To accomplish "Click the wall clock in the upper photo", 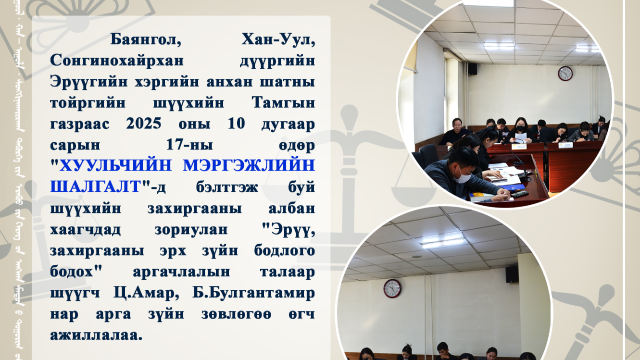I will (565, 73).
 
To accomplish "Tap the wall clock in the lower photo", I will (392, 288).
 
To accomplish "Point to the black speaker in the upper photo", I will (472, 68).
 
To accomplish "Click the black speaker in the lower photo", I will (511, 274).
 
